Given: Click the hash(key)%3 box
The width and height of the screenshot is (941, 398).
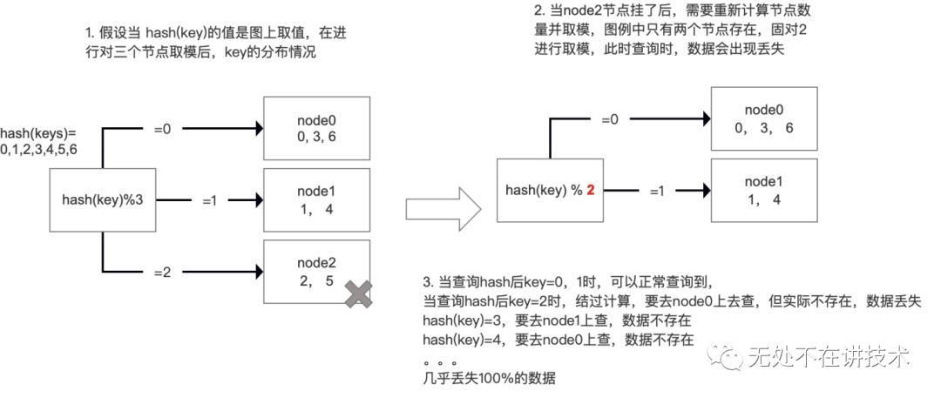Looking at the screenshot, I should (x=103, y=199).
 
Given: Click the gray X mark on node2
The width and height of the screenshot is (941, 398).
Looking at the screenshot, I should (x=357, y=293).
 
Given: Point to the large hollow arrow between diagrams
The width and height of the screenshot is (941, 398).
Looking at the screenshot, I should (x=443, y=209).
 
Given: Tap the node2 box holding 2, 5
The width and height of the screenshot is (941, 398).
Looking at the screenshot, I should (x=316, y=273).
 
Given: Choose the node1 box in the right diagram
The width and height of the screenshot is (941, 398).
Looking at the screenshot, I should (x=764, y=191).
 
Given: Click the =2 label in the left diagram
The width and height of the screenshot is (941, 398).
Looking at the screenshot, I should (x=162, y=272).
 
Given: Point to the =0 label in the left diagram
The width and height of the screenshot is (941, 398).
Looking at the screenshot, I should (x=162, y=129).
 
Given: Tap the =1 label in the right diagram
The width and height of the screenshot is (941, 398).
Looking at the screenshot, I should (x=660, y=191).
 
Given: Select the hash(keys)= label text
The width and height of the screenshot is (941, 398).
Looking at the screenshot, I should (x=38, y=133).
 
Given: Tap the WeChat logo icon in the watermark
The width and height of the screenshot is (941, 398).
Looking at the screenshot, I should (x=722, y=356).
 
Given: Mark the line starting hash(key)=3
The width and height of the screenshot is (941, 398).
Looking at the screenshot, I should (x=557, y=320).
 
